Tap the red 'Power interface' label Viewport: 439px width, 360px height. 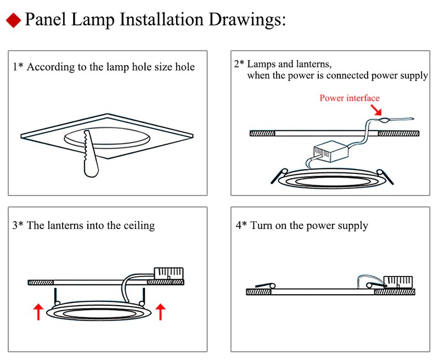click(349, 98)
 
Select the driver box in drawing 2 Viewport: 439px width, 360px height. click(329, 152)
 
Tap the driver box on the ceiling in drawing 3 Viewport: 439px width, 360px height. click(169, 273)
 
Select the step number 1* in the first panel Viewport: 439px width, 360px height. click(18, 67)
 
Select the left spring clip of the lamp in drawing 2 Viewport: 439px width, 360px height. click(275, 175)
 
